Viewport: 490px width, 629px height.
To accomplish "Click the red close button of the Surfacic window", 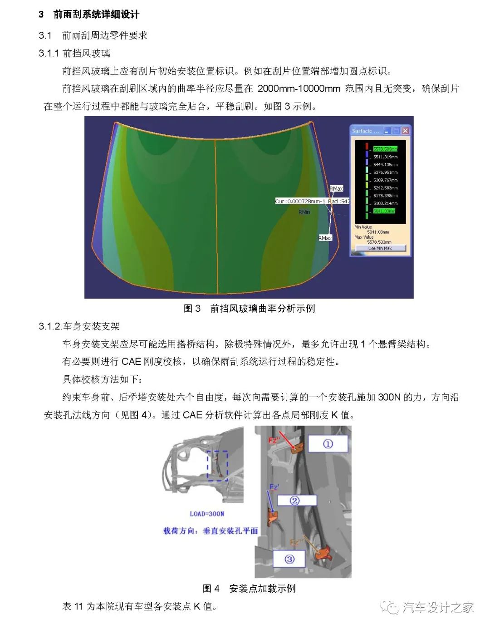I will [x=405, y=131].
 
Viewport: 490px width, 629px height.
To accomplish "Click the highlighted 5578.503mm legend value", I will [x=385, y=149].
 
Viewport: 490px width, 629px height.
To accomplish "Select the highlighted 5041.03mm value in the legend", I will [x=384, y=211].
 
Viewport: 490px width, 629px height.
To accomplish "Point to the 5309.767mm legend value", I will [x=385, y=180].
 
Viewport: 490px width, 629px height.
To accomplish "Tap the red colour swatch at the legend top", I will [x=367, y=146].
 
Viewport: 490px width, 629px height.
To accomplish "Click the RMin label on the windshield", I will [x=304, y=212].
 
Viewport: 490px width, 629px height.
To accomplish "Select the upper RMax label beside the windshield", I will [x=336, y=188].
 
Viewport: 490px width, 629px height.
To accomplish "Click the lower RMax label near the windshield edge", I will [x=325, y=238].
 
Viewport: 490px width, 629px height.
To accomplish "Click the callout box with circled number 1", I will [x=328, y=443].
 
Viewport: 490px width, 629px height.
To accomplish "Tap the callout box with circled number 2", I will [x=296, y=501].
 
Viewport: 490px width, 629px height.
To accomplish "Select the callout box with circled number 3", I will [x=289, y=559].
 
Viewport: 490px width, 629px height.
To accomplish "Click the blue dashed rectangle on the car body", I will [x=217, y=466].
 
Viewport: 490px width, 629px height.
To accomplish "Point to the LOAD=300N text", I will [x=207, y=514].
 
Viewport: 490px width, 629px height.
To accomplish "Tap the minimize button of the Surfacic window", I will [x=387, y=131].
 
